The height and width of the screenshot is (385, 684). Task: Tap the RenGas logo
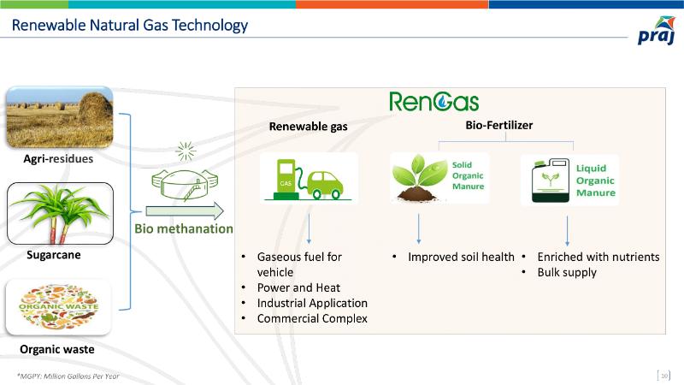[x=434, y=102]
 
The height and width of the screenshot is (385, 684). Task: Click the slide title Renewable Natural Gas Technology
[x=130, y=26]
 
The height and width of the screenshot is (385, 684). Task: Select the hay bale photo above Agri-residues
[x=60, y=117]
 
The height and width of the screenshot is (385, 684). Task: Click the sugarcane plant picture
[x=60, y=213]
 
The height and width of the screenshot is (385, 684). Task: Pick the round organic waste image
[x=58, y=307]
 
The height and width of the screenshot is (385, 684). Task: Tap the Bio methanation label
[x=184, y=228]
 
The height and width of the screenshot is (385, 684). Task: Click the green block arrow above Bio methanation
[x=185, y=211]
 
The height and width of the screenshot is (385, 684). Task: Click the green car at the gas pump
[x=325, y=185]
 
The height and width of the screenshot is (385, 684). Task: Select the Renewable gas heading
[x=309, y=127]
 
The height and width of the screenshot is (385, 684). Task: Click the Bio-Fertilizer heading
[x=499, y=125]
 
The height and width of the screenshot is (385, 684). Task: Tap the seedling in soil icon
[x=418, y=178]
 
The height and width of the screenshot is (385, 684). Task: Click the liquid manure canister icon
[x=551, y=181]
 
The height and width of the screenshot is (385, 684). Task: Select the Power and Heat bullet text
[x=298, y=287]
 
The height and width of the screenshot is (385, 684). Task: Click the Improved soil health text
[x=461, y=258]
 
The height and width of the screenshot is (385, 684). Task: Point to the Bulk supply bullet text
[x=567, y=272]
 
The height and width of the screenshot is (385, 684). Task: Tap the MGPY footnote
[x=68, y=376]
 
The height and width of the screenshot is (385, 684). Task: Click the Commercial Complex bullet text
[x=312, y=318]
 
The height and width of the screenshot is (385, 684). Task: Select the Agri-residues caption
[x=58, y=158]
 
